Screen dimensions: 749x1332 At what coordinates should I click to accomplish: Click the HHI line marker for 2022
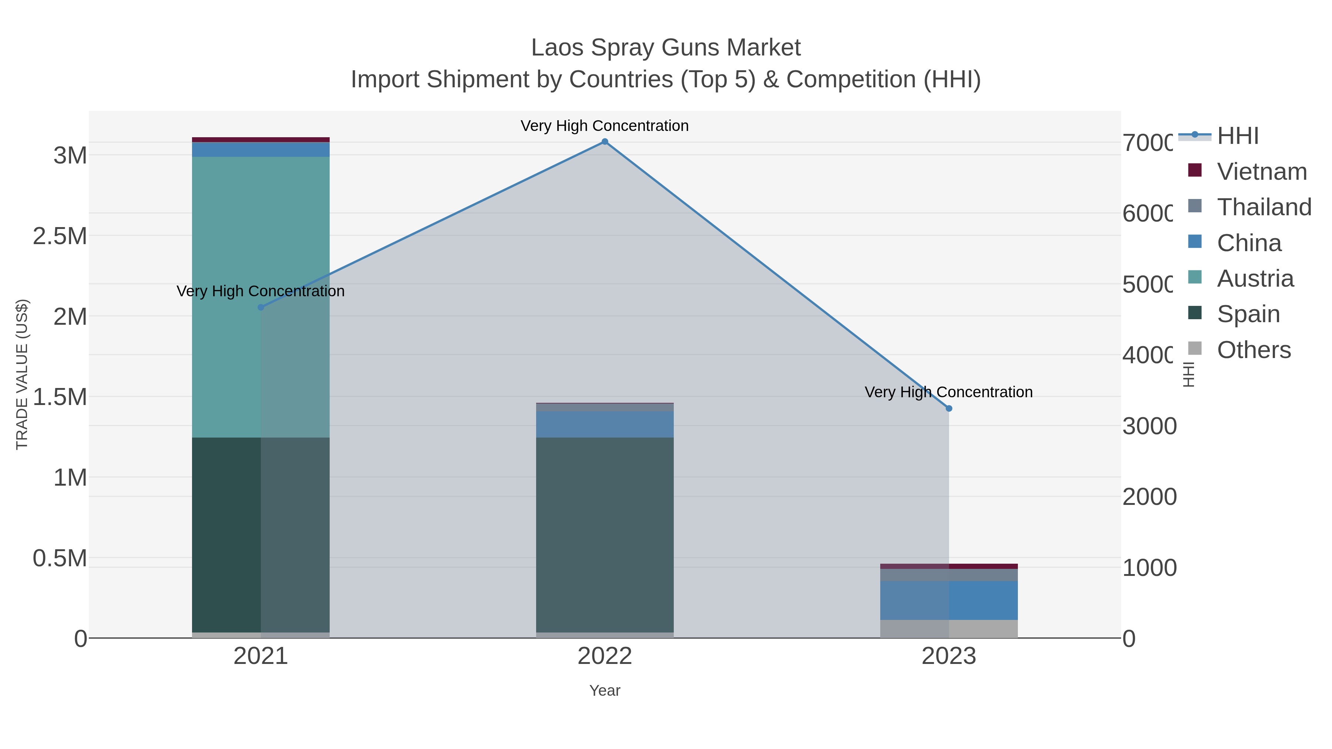[605, 142]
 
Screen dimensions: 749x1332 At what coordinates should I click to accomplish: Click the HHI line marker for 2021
[260, 308]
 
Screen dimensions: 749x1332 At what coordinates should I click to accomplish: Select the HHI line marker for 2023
[949, 408]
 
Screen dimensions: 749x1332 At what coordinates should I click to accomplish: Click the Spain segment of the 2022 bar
[605, 534]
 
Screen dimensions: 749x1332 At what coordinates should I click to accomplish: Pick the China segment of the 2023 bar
[949, 600]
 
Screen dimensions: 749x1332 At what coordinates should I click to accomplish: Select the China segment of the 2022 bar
[605, 424]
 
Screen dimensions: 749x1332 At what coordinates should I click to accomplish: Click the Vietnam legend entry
[1262, 172]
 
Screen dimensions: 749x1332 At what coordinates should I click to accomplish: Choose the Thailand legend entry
[1264, 207]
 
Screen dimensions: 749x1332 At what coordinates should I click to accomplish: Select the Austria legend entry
[1255, 279]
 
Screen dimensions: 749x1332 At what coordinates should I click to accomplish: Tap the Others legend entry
[1254, 350]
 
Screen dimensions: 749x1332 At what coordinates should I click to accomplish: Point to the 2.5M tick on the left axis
[60, 236]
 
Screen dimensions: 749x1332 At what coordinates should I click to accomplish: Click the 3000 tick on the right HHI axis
[1149, 426]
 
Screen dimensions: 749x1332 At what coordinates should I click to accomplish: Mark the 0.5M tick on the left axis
[60, 558]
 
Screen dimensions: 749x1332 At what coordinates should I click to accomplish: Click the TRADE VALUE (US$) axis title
[22, 374]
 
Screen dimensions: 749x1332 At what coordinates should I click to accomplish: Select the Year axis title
[605, 691]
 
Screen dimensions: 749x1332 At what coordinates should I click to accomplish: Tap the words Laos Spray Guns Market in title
[666, 48]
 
